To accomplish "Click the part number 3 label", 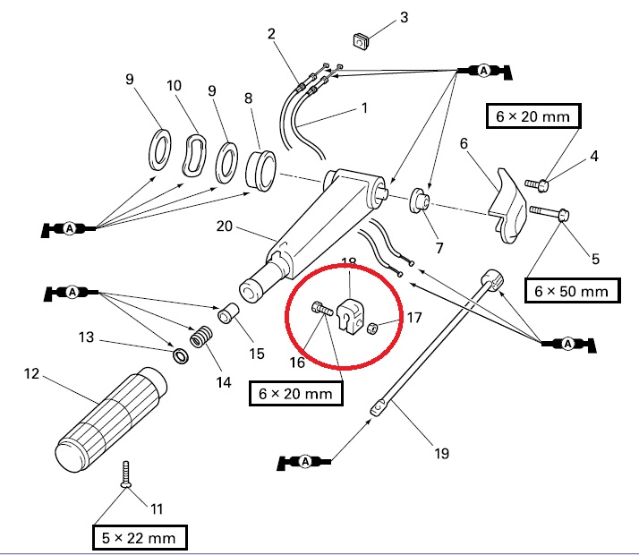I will click(x=404, y=17).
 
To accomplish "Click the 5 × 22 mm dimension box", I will click(x=141, y=537).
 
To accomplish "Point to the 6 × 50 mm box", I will click(x=570, y=291).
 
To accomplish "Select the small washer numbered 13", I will click(x=179, y=356).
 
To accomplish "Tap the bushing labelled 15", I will click(x=230, y=315).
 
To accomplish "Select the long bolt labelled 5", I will click(x=548, y=214).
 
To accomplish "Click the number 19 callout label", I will click(x=441, y=453).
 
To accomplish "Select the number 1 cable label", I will click(x=364, y=108).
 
